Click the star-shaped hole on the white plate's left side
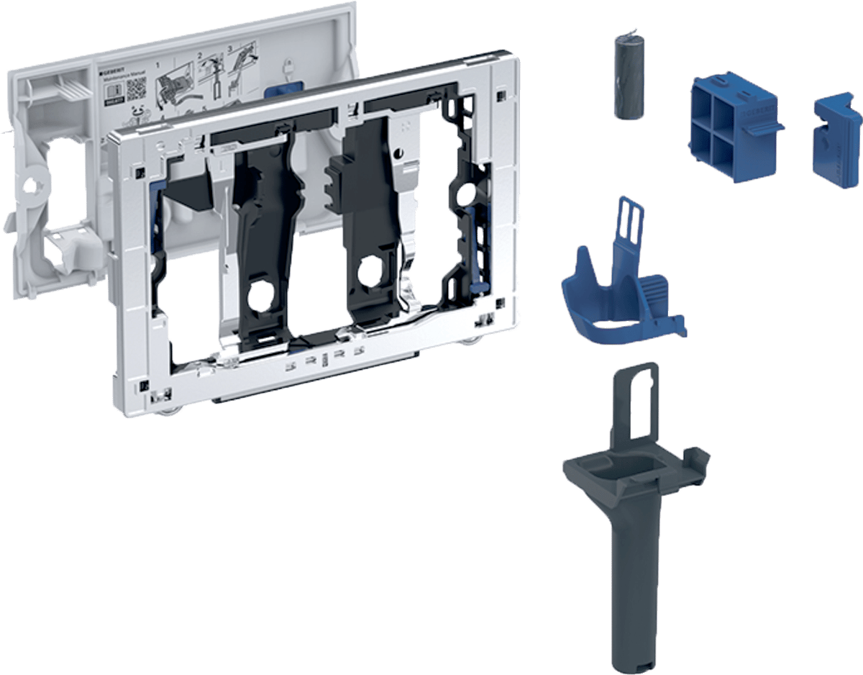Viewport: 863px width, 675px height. click(x=30, y=185)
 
